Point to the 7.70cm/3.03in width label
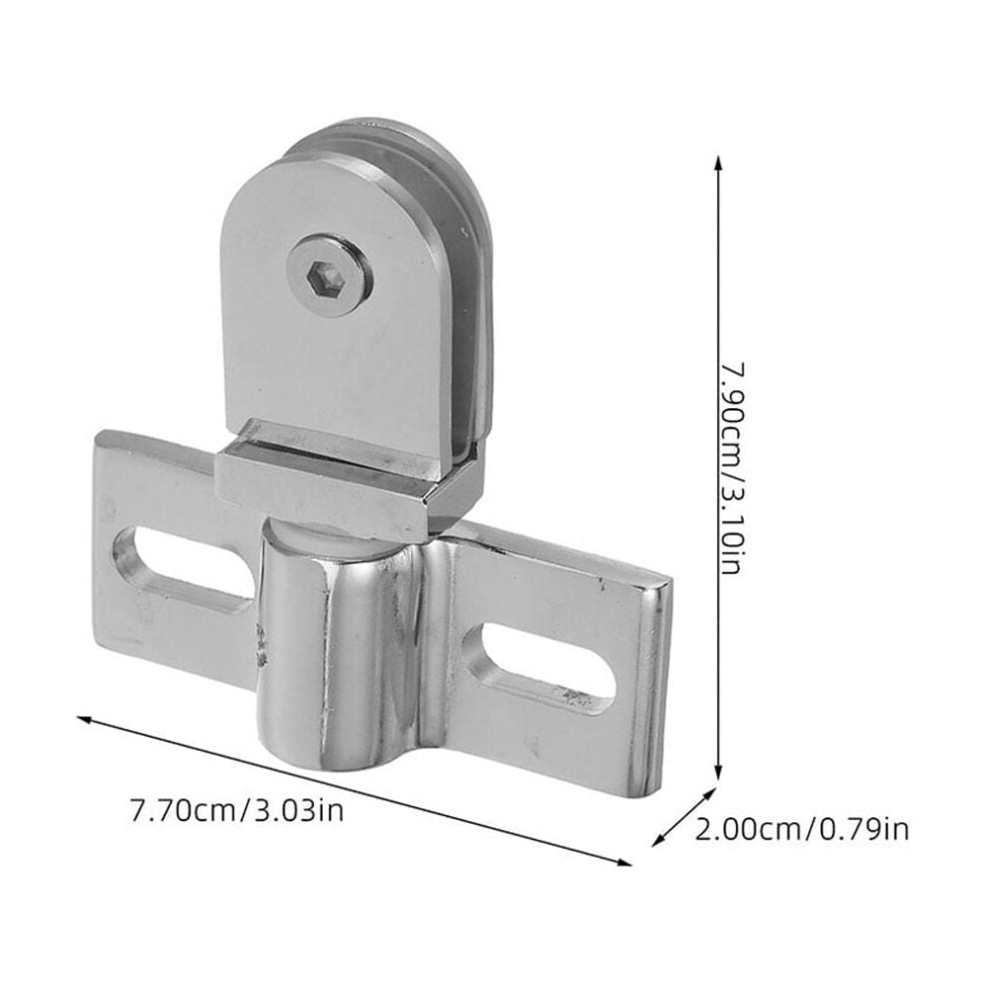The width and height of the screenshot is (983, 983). (x=236, y=809)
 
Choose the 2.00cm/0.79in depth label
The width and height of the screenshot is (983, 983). (x=801, y=829)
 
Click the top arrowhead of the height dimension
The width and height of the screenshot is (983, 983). (x=719, y=163)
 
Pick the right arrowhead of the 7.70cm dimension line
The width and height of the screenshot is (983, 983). (x=624, y=862)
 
